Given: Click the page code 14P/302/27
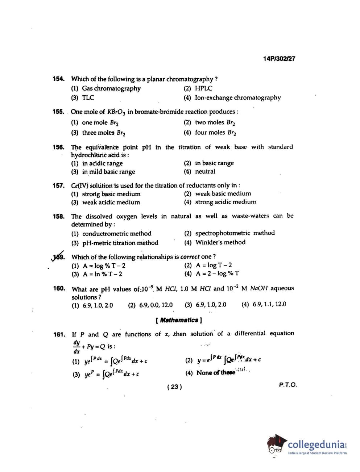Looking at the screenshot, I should click(x=279, y=59).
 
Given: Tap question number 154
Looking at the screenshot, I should click(x=59, y=79).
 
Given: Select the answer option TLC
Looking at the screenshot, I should click(x=88, y=98).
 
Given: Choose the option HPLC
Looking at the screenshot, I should click(x=203, y=88).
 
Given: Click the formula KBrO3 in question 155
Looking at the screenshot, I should click(x=116, y=112).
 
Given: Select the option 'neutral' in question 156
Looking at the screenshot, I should click(x=205, y=172).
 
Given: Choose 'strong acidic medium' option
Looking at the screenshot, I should click(x=225, y=202).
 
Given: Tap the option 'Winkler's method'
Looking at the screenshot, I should click(x=220, y=242).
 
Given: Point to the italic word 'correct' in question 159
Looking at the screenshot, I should click(x=190, y=257).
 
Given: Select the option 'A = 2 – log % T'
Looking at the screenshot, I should click(x=217, y=274).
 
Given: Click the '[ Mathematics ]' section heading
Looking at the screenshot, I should click(x=179, y=320).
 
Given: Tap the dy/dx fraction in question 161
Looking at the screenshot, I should click(x=76, y=347).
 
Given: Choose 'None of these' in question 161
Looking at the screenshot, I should click(x=215, y=373).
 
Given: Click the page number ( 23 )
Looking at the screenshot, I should click(x=174, y=387).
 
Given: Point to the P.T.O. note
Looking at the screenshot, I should click(x=287, y=385).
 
